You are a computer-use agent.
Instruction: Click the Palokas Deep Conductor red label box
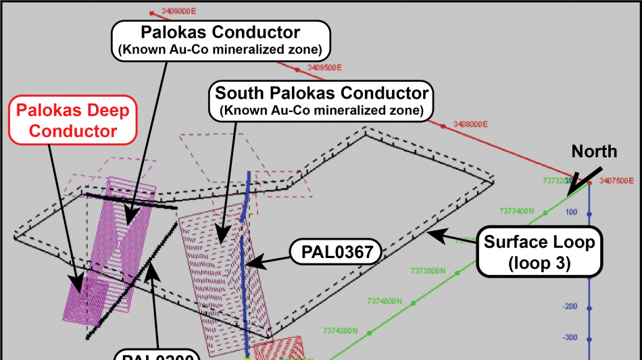point(73,120)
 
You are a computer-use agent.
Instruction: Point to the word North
point(594,151)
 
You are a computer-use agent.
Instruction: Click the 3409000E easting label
point(178,11)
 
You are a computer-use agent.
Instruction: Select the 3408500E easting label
point(324,68)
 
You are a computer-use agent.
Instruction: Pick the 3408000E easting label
point(471,124)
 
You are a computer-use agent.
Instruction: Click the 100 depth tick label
point(571,213)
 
